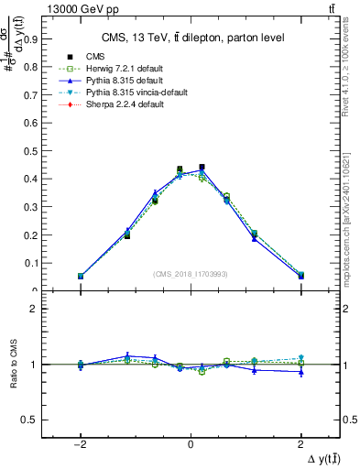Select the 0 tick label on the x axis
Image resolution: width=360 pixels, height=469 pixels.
click(x=190, y=442)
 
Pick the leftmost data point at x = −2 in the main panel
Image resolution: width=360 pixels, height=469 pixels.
click(x=81, y=276)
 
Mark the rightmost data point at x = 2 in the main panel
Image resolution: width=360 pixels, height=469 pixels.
click(x=300, y=275)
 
